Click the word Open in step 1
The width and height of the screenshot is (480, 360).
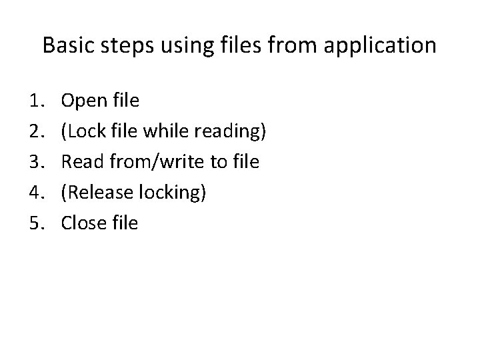[x=84, y=101]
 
